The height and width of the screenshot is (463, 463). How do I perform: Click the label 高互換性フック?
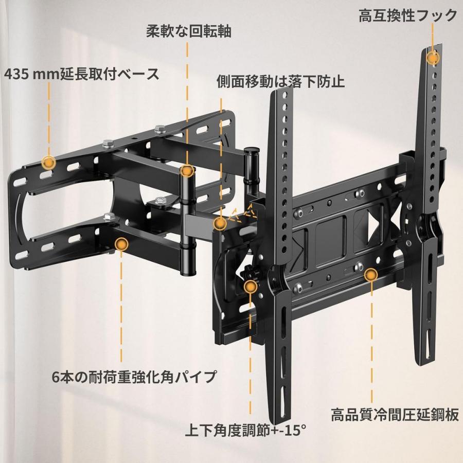point(408,16)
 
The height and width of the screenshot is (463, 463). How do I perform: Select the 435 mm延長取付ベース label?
point(82,74)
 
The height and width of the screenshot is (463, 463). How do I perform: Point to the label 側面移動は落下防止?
point(280,81)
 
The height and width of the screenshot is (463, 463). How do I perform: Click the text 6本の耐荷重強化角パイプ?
point(134,377)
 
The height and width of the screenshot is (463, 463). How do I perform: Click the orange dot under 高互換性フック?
point(433,58)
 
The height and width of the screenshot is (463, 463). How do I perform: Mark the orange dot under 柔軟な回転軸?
point(187,171)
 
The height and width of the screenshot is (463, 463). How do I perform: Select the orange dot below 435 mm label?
point(48,163)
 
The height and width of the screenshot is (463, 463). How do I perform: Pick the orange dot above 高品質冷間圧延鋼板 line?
point(369,275)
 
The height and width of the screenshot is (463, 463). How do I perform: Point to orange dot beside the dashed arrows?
point(220,223)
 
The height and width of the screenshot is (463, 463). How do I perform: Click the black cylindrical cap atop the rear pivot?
point(251,153)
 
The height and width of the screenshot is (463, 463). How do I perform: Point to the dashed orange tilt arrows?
point(242,212)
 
